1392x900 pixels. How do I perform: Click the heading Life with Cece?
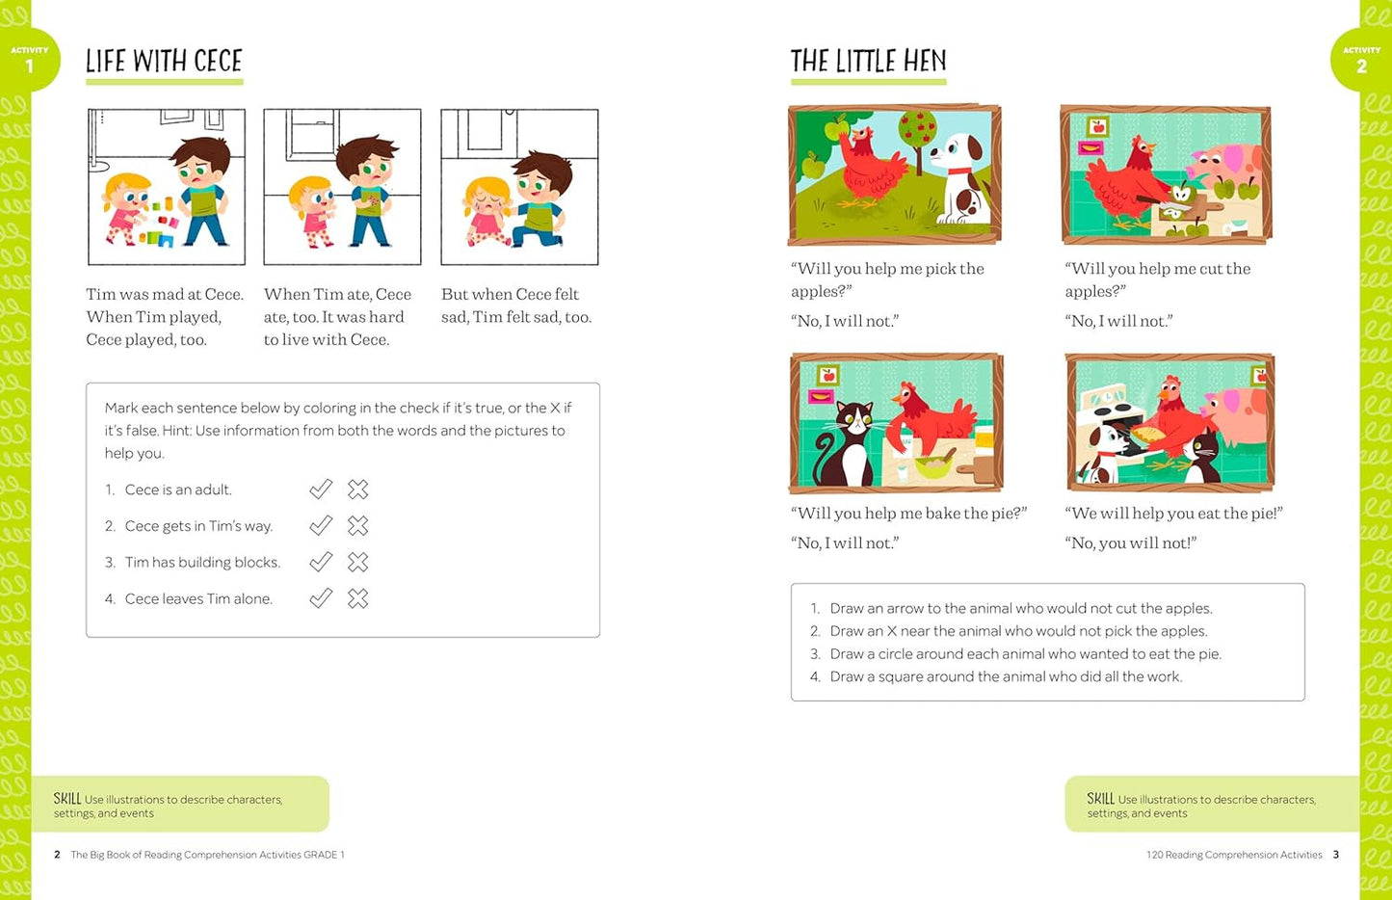[164, 62]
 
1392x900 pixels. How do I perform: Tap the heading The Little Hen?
[868, 62]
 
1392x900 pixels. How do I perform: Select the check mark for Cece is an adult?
[321, 490]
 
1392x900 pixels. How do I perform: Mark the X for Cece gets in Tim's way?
[358, 526]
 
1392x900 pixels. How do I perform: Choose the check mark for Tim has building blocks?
[321, 562]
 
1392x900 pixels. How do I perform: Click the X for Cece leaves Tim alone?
[358, 598]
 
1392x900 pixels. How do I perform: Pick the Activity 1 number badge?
[30, 61]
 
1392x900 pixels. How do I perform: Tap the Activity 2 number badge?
[1361, 61]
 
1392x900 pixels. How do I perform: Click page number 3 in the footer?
[1335, 855]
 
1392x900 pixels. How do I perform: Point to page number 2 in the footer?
[57, 855]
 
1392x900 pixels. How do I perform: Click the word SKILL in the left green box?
[67, 799]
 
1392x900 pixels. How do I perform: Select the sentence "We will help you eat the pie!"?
[1173, 514]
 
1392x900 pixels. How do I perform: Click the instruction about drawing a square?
[1006, 676]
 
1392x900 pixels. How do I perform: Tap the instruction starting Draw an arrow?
[1021, 608]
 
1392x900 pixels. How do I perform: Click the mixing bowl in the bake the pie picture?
[933, 466]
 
